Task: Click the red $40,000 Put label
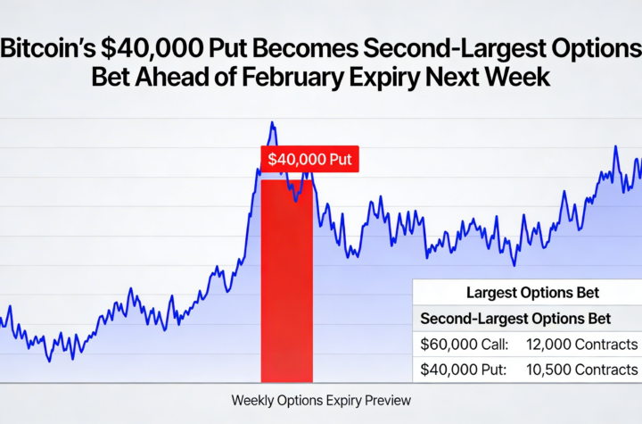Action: click(309, 159)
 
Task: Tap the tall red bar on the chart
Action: click(286, 286)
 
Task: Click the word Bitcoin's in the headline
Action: click(50, 49)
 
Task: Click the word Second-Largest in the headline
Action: click(434, 49)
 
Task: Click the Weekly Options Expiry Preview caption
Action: click(321, 400)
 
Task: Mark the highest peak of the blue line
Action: click(272, 124)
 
